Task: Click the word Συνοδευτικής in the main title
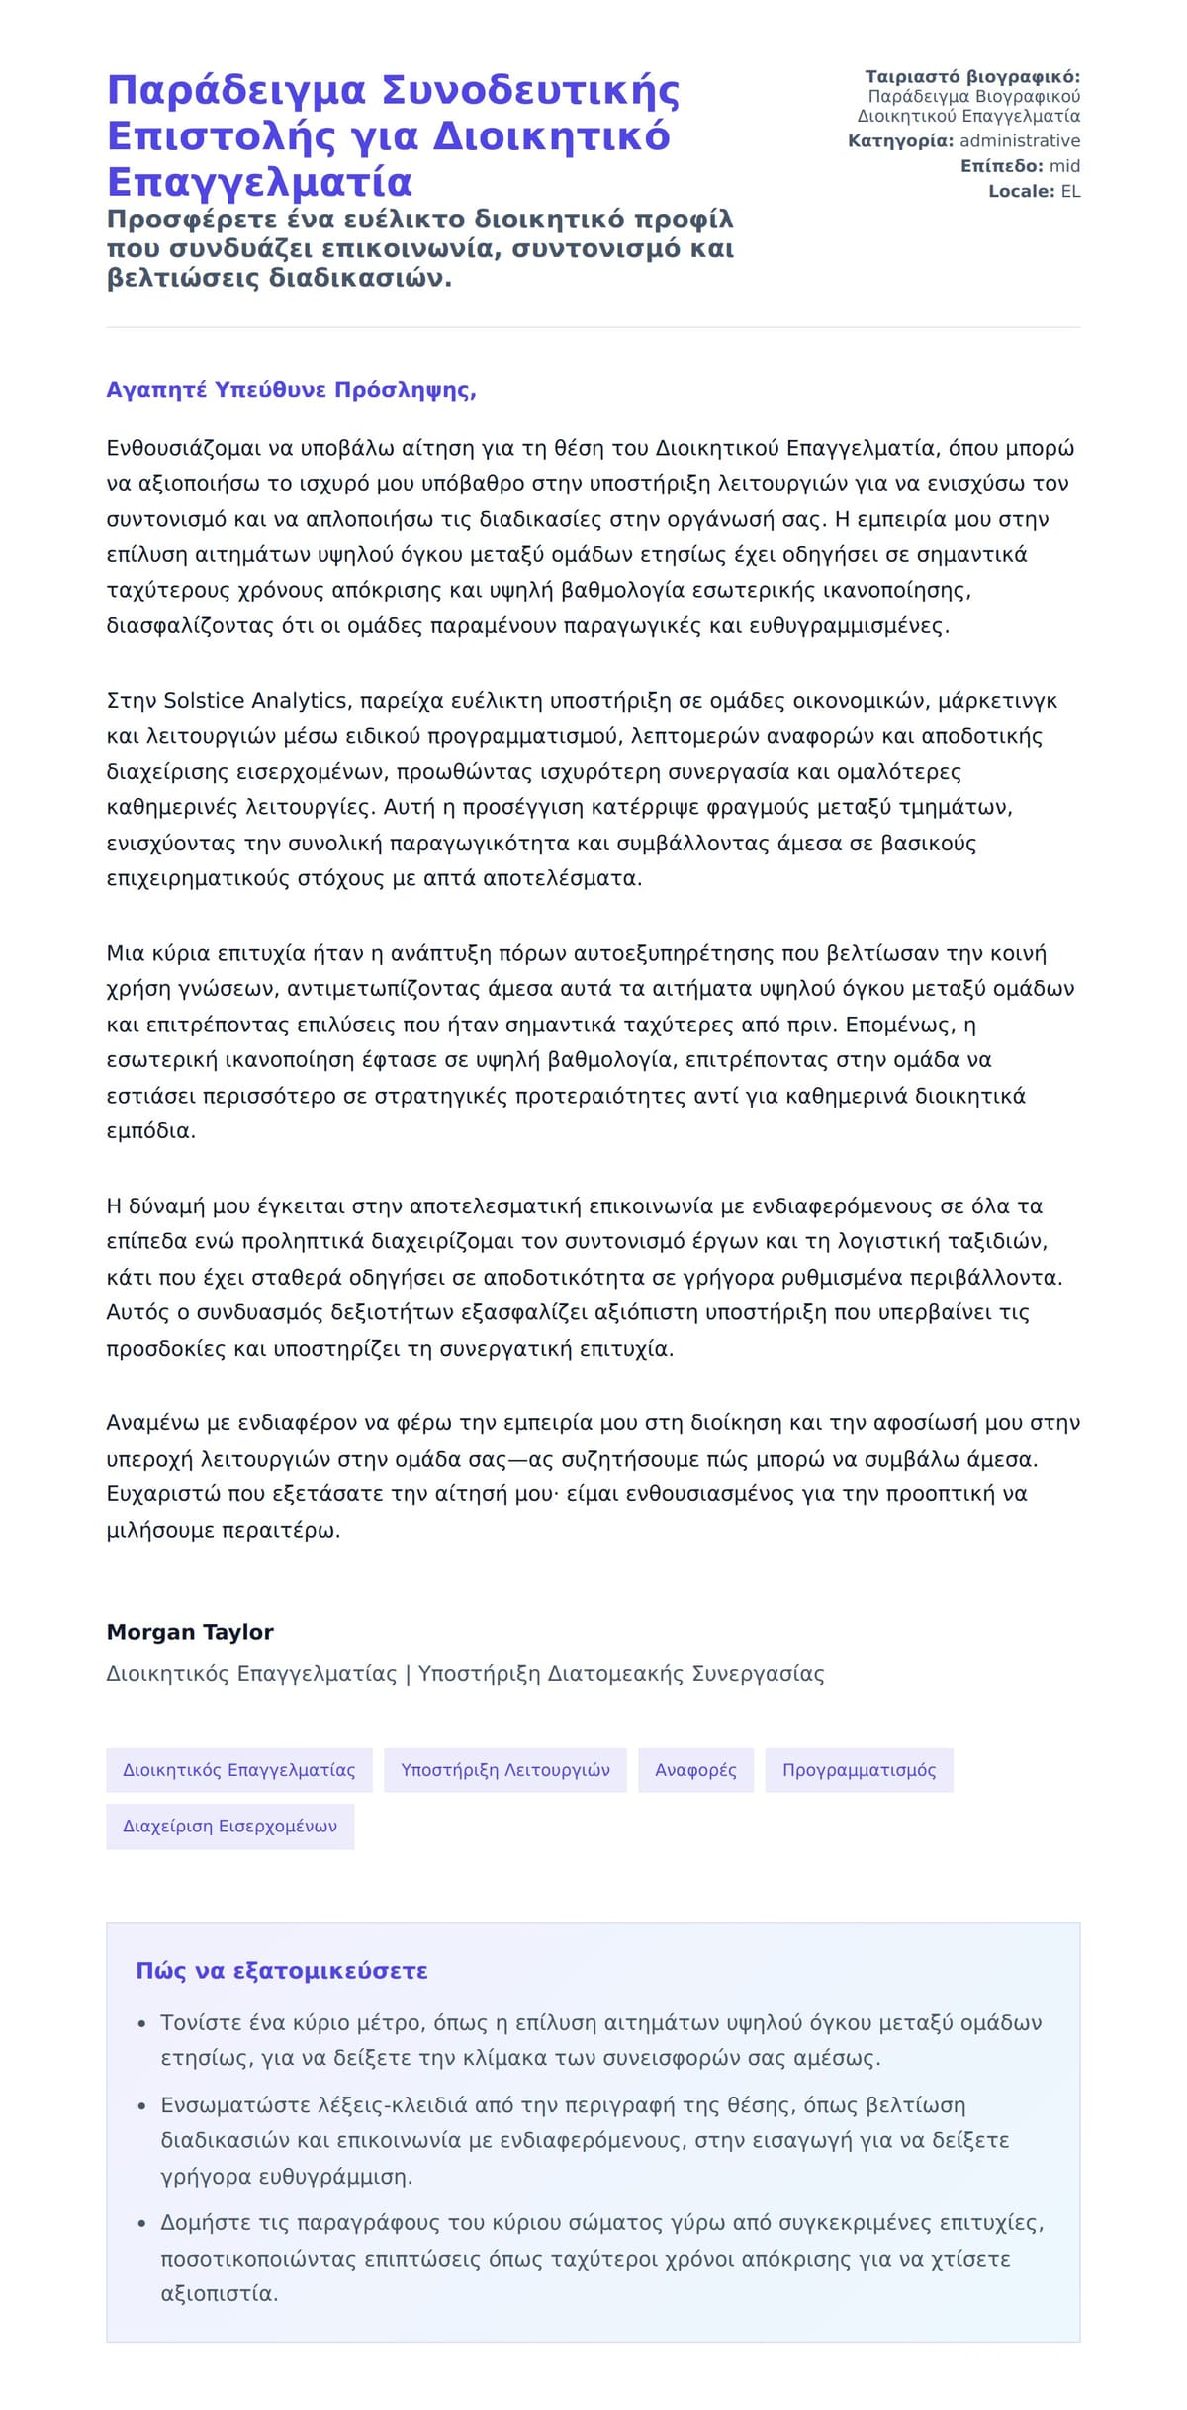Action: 530,90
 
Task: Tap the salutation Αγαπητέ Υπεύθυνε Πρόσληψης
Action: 291,390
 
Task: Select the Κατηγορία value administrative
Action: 1019,141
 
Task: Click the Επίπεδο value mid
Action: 1064,166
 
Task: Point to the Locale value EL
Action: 1070,191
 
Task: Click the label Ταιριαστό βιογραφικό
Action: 971,77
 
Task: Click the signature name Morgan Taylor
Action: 190,1631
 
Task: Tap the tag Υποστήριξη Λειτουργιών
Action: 504,1769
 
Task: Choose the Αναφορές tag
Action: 695,1769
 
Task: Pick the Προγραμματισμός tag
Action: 859,1769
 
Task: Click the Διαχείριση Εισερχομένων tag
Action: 229,1826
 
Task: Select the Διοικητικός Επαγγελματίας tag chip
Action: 238,1769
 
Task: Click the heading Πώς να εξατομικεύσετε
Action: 282,1970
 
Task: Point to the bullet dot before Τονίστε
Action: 142,2023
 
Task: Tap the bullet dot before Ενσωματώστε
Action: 142,2105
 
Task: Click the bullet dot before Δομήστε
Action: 142,2223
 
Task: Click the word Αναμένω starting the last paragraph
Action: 152,1423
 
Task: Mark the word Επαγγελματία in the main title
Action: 259,183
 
